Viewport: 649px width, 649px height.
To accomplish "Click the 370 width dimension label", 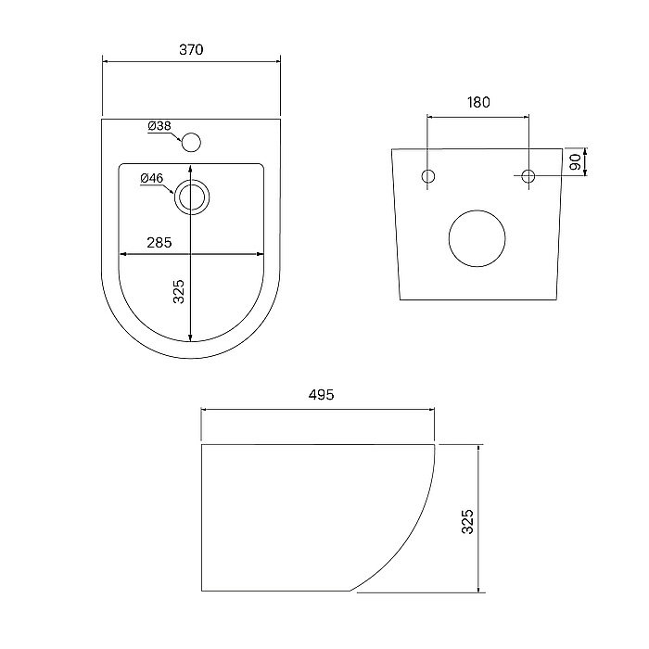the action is (x=191, y=50).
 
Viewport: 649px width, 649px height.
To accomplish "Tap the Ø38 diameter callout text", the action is (x=159, y=126).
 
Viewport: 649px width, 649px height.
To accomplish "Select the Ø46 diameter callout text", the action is (x=152, y=178).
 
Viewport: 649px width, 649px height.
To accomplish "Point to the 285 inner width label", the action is (x=159, y=243).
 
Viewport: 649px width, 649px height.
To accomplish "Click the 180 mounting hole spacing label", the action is (x=478, y=102).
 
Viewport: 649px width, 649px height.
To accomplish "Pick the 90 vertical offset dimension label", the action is (x=575, y=162).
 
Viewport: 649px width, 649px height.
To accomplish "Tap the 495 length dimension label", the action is (x=321, y=395).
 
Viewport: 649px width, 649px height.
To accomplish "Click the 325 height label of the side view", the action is (x=467, y=521).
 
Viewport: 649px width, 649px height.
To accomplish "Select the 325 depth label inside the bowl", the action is (x=178, y=291).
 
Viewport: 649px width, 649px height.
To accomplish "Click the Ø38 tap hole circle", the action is (x=191, y=142).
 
